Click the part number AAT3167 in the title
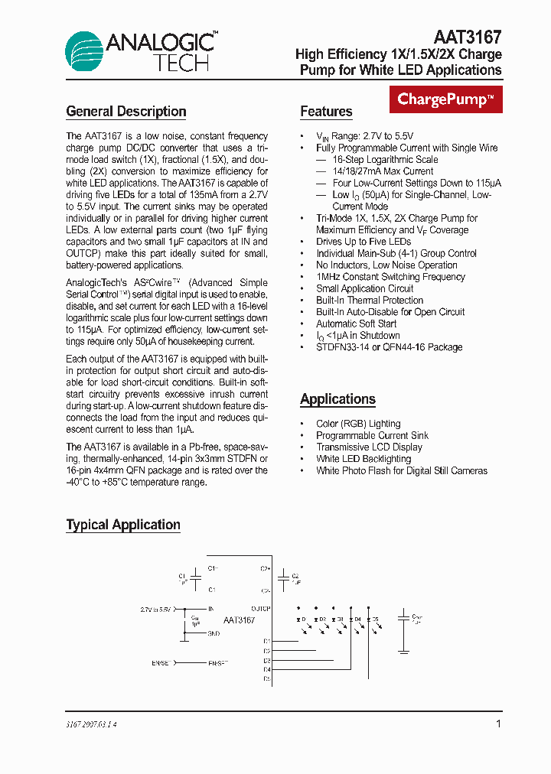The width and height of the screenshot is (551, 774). tap(467, 37)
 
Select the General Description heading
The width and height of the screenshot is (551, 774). tap(126, 112)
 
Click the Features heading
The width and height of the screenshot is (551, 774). tap(326, 112)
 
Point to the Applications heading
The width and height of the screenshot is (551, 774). tap(337, 399)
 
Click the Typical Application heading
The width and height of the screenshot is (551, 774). tap(123, 525)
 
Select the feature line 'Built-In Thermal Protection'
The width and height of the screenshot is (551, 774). tap(370, 301)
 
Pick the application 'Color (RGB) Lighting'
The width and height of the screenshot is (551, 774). tap(358, 424)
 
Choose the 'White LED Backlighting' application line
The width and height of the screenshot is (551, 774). tap(364, 459)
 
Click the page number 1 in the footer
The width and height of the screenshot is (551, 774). tap(498, 724)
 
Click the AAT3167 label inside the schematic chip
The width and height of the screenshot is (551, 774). tap(239, 620)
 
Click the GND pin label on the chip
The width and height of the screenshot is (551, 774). tap(214, 633)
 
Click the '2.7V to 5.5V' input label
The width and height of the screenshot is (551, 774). tap(156, 609)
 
